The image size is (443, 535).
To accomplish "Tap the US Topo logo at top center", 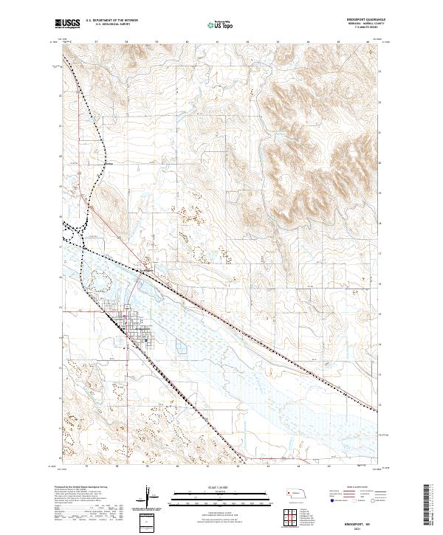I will [x=221, y=25].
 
